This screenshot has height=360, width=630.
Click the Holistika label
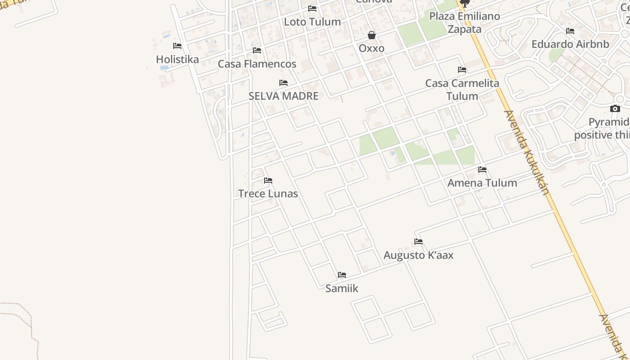coord(177,59)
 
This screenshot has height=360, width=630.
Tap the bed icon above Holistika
coord(177,46)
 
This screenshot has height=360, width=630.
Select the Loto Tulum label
coord(312,22)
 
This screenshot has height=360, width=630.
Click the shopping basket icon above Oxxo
coord(372,35)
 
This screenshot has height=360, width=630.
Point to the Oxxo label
coord(372,48)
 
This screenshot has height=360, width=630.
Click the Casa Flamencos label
coord(257,64)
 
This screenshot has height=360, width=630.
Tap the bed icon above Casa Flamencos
coord(257,50)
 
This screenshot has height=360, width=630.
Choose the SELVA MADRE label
coord(283,96)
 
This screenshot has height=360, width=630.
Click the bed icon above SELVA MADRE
coord(283,83)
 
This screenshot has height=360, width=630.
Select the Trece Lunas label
coord(268,193)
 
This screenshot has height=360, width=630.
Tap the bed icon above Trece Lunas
coord(268,180)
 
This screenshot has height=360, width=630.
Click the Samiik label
coord(342,288)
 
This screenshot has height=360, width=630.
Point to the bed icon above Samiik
coord(342,275)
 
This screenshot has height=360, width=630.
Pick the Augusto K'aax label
coord(418,255)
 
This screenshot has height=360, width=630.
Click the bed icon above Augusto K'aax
coord(418,242)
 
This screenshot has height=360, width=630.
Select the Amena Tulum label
coord(482,183)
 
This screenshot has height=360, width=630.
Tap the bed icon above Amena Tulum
coord(482,170)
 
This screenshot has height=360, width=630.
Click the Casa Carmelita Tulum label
coord(462,90)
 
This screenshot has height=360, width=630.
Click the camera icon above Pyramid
coord(615,108)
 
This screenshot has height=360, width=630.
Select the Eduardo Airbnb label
coord(570,44)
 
